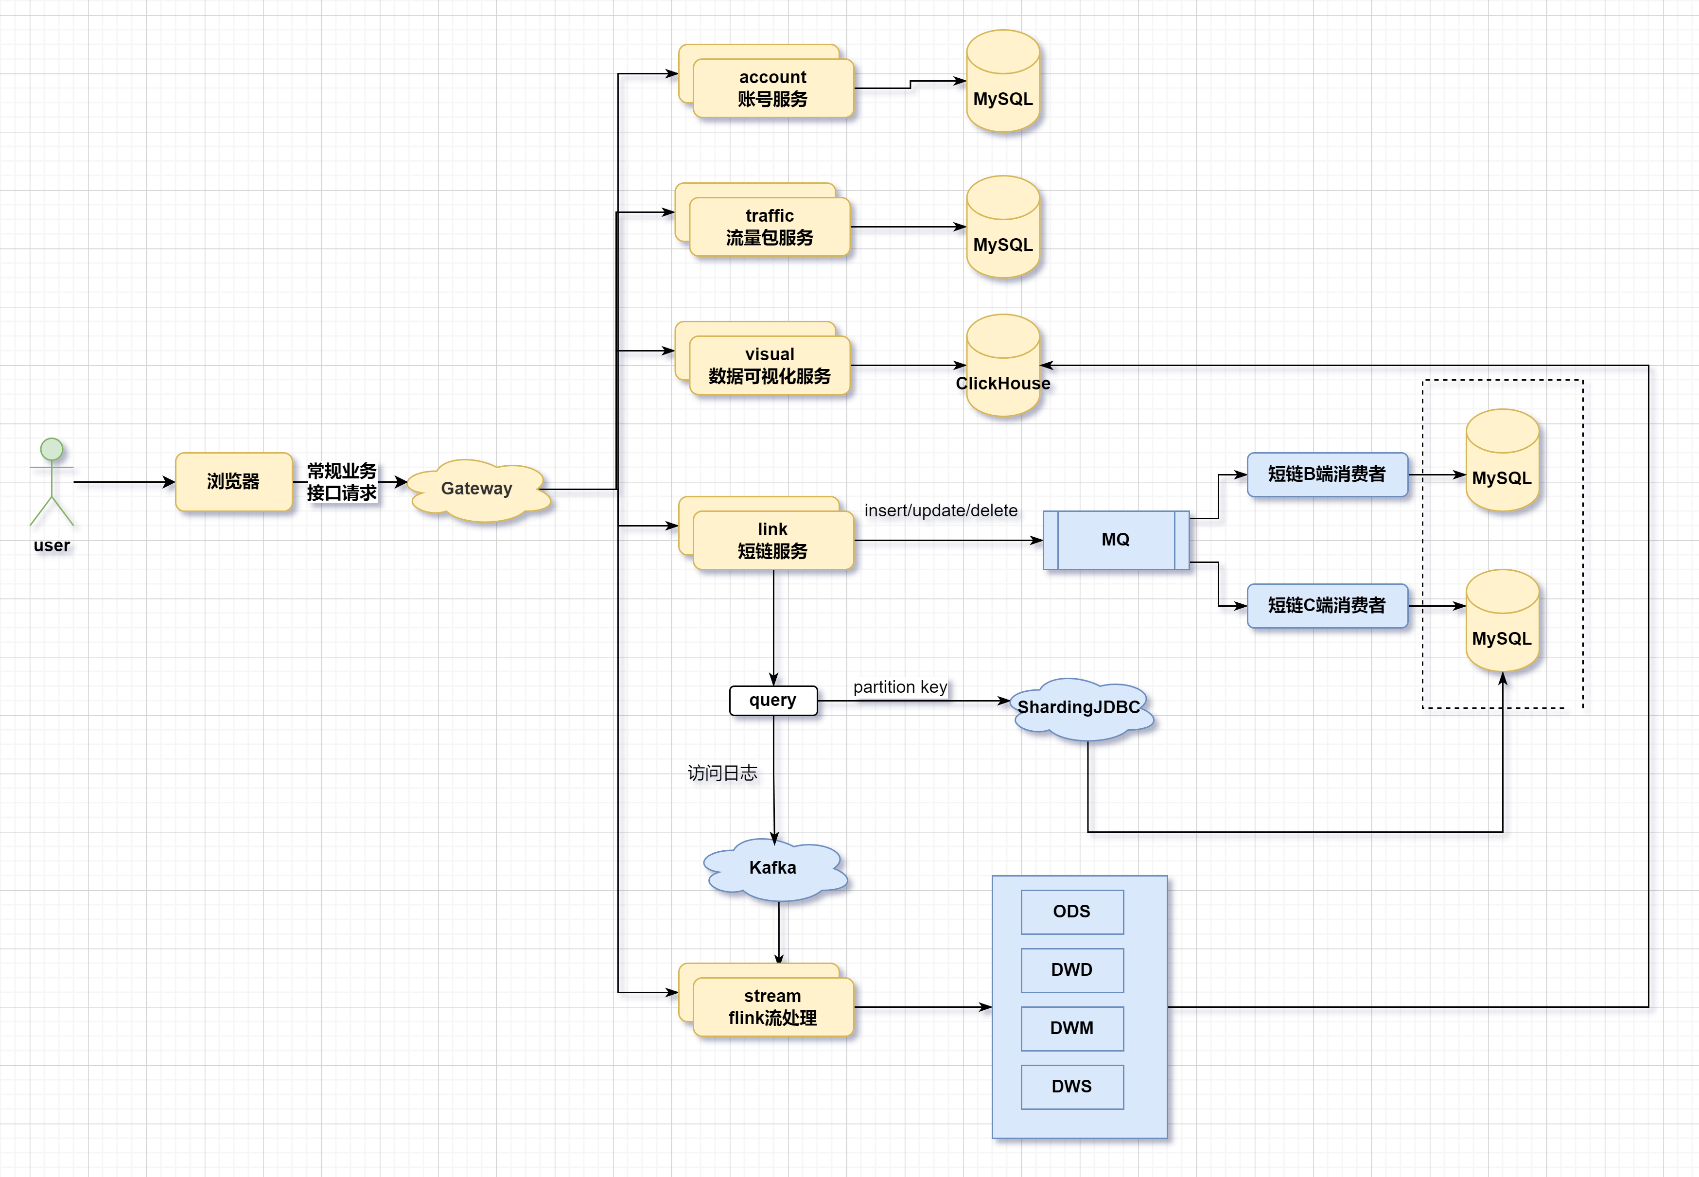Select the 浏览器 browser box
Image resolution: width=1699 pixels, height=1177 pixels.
234,482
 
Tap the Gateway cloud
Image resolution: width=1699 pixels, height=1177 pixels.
477,489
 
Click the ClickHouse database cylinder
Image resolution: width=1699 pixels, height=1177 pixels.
1003,366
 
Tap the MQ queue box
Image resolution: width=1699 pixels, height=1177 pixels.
1116,540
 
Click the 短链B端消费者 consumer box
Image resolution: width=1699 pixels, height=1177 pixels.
1327,474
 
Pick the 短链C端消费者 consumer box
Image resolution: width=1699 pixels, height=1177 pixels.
1327,605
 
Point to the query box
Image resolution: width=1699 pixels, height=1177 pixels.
773,701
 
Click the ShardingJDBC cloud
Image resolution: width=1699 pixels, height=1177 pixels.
1080,708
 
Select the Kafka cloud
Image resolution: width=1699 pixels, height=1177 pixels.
774,869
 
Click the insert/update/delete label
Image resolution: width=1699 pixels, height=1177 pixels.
941,510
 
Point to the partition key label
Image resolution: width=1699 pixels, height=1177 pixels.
900,687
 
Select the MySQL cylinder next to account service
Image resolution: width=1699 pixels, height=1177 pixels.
1003,81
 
